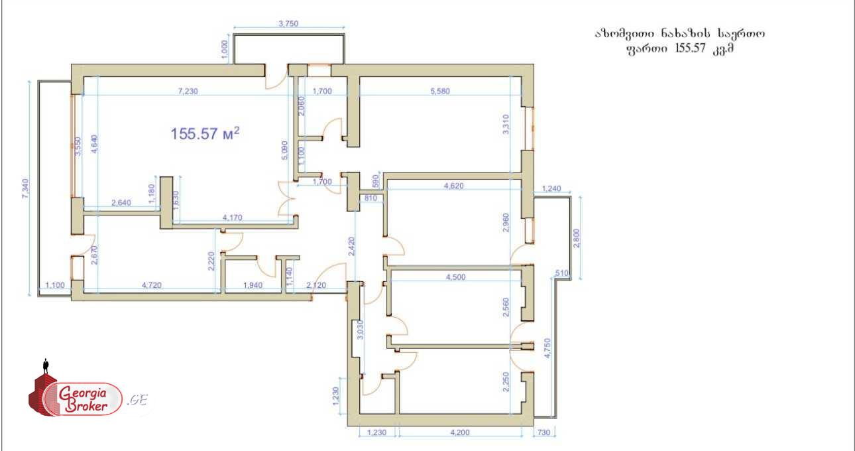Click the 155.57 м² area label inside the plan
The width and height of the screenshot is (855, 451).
(x=205, y=133)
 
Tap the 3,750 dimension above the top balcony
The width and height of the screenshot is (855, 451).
(x=288, y=24)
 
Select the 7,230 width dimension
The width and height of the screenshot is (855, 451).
(x=188, y=92)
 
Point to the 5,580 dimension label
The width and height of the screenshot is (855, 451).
(x=440, y=92)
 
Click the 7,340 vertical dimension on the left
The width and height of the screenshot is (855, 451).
(x=26, y=188)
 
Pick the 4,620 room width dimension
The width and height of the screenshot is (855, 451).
(x=454, y=186)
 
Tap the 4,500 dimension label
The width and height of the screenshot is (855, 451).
(x=456, y=277)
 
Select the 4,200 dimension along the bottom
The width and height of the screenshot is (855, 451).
(x=460, y=432)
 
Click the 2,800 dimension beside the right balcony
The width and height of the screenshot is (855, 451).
(x=577, y=238)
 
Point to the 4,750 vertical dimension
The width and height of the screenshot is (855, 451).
(x=547, y=348)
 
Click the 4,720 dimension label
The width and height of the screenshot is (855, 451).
(x=152, y=285)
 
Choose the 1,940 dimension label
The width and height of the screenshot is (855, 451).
(x=253, y=285)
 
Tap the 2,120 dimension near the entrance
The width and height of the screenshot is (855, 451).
(x=316, y=285)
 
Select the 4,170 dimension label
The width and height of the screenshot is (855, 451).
(x=232, y=218)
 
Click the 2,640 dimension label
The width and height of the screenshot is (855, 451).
(x=121, y=203)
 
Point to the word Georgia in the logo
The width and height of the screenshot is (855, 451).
(x=82, y=393)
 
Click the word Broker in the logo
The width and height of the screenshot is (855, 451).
(x=86, y=406)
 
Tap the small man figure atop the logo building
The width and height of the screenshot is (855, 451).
(x=46, y=366)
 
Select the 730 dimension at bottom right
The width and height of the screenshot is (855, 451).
(x=543, y=432)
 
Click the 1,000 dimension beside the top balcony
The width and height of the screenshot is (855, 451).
(x=225, y=50)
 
